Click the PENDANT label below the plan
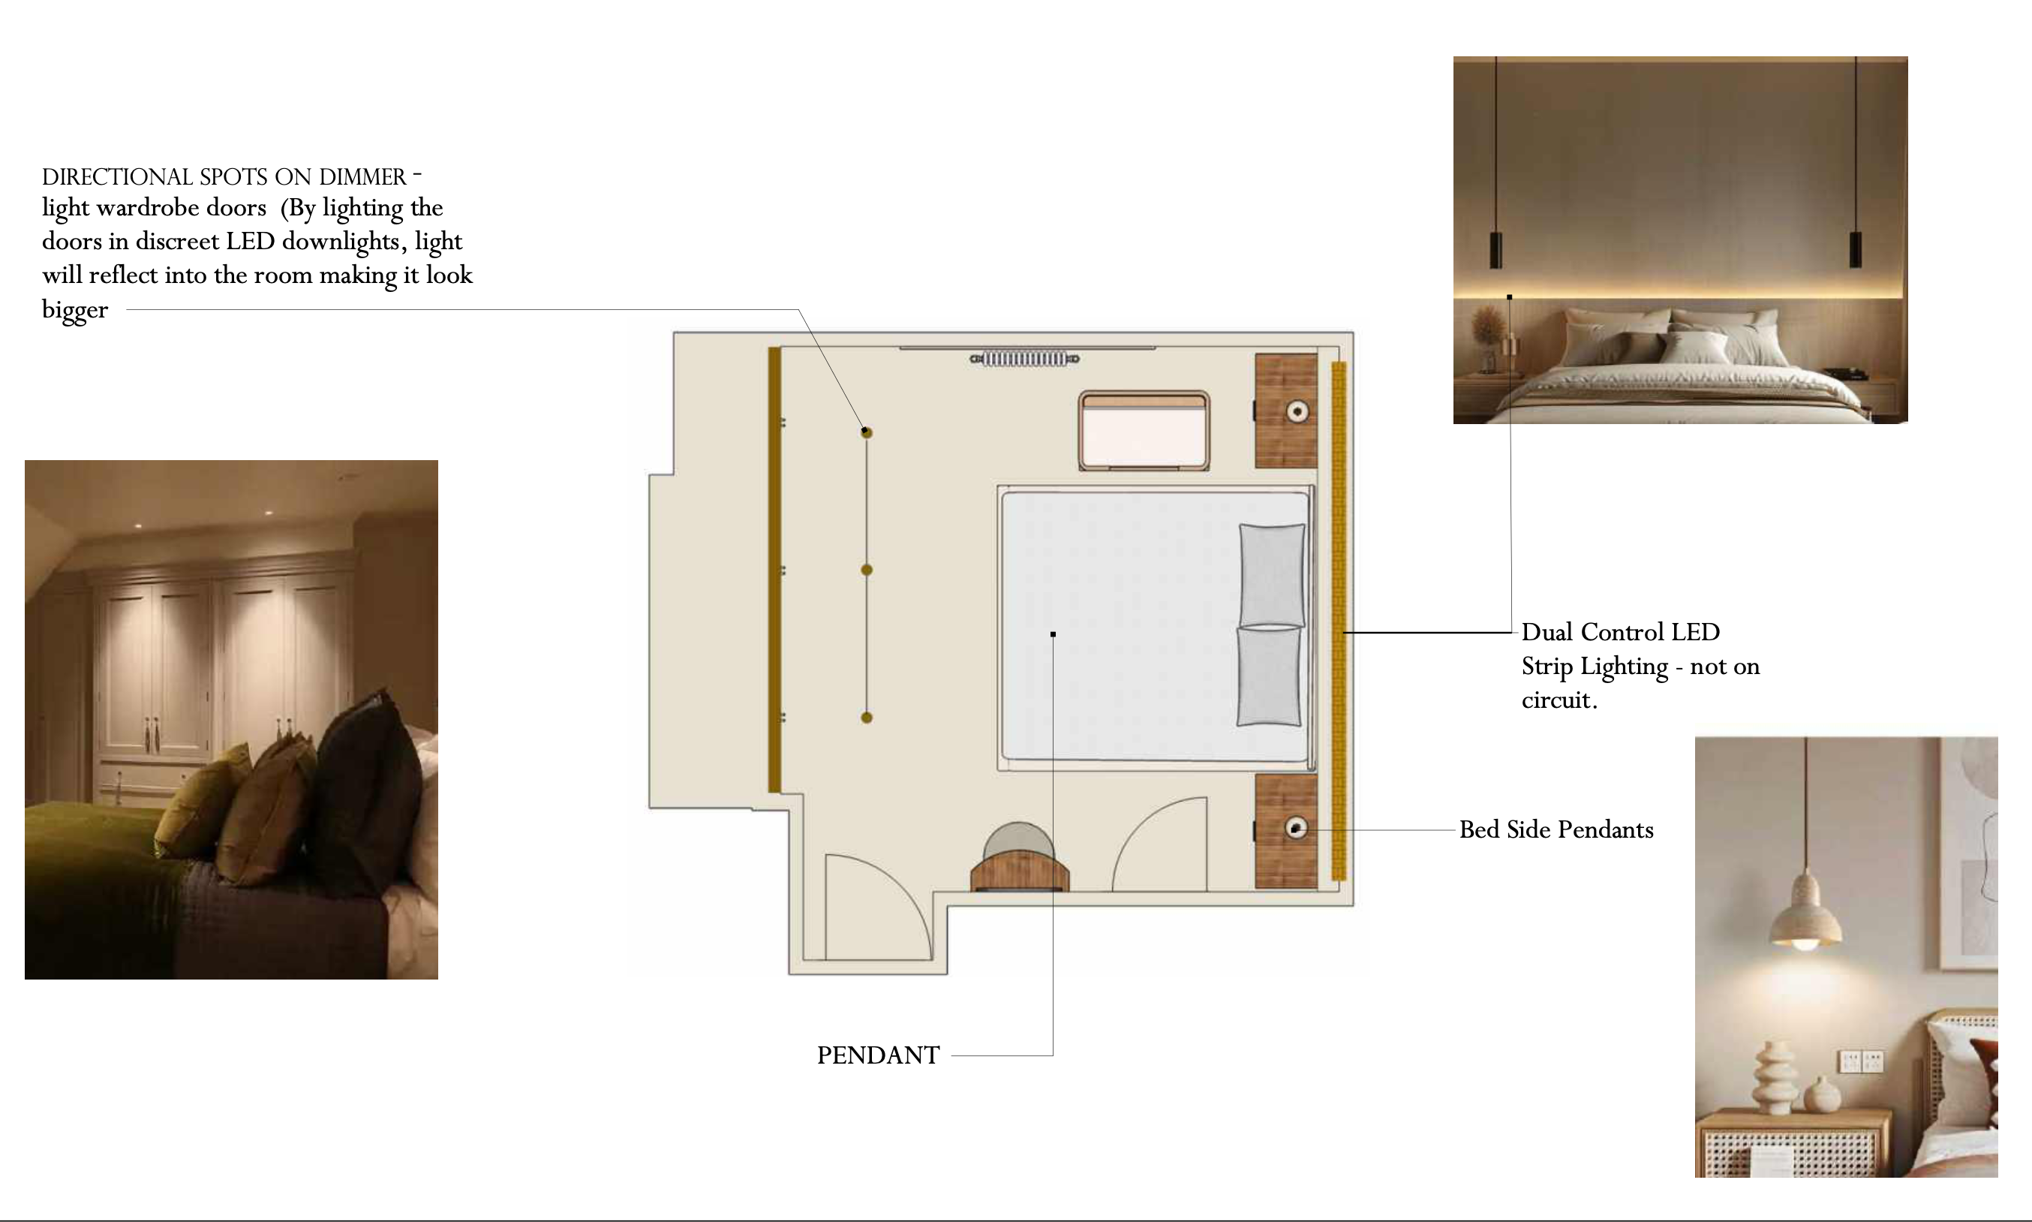(x=878, y=1055)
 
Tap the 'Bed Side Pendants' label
(x=1556, y=830)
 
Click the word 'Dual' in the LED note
(x=1547, y=633)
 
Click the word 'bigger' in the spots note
(x=75, y=311)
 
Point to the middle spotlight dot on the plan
(x=867, y=570)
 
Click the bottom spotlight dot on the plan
(x=867, y=718)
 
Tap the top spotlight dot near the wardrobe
(x=867, y=432)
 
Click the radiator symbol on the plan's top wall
(x=1025, y=359)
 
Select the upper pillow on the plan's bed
(x=1273, y=575)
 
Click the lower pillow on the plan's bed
(x=1269, y=676)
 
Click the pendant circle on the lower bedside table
(x=1296, y=828)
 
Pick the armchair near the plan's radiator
(x=1144, y=431)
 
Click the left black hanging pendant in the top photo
(x=1496, y=249)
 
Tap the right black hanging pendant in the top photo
(x=1856, y=249)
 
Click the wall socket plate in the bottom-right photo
(x=1862, y=1061)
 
